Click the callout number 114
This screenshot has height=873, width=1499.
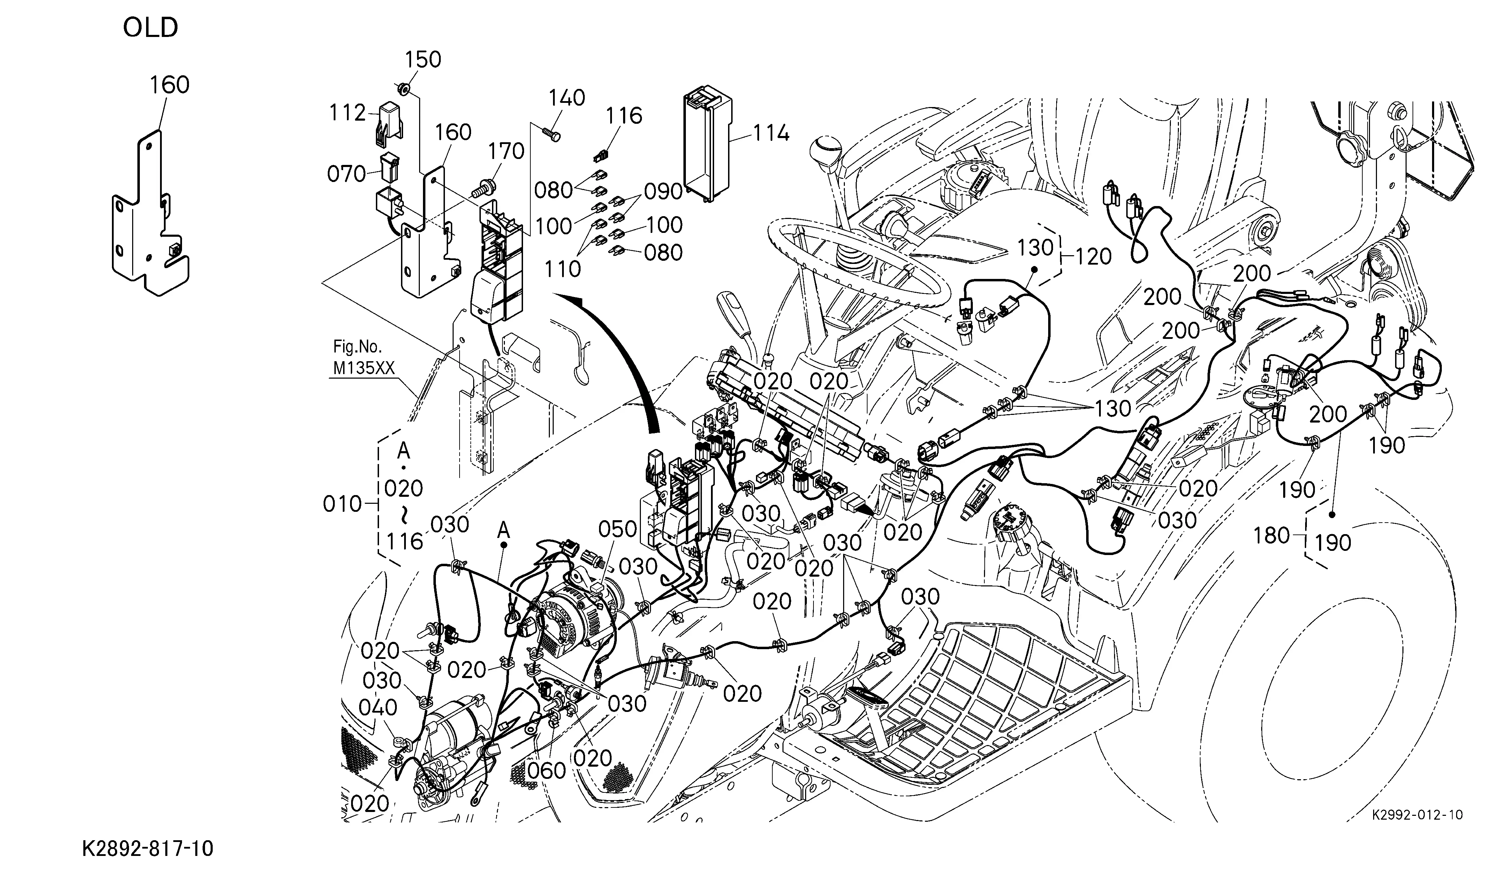772,133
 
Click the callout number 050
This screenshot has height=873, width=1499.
618,529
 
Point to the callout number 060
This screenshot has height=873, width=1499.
547,771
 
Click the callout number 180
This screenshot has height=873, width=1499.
1272,536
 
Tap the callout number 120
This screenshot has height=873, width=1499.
1094,257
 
